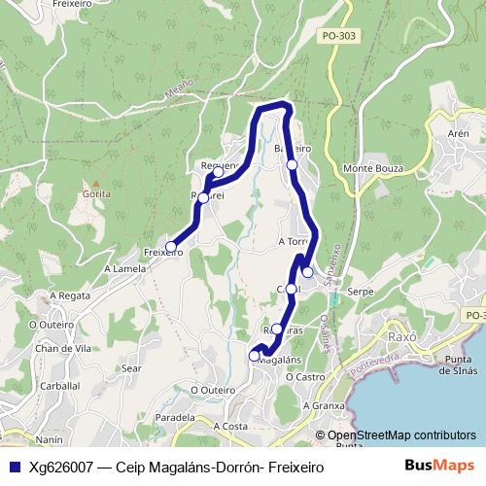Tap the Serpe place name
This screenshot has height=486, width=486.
(360, 291)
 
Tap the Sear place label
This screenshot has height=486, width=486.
(132, 368)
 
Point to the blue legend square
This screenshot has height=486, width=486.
(13, 467)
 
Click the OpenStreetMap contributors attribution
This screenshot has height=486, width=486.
(401, 435)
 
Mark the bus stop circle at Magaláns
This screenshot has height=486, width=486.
(255, 356)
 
